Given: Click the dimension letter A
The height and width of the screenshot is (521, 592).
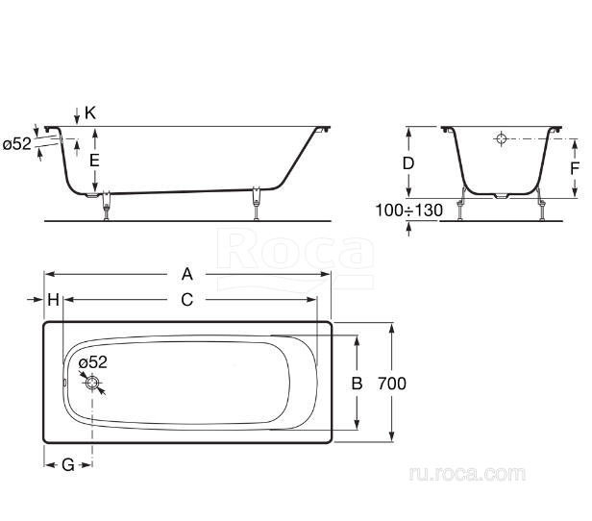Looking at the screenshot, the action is pos(187,274).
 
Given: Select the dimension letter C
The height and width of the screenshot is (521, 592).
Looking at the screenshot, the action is pos(187,300).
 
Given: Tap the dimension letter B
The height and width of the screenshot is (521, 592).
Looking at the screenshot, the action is pos(357,384).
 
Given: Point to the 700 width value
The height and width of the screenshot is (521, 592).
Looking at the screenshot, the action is pos(392,384).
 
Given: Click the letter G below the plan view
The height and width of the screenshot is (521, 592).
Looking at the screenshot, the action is pos(68,464).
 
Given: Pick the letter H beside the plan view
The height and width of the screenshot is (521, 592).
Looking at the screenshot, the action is pos(53,300).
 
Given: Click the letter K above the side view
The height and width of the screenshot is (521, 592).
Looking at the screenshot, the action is pos(90,112).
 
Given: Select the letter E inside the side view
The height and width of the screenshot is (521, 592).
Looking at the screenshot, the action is pos(94,161).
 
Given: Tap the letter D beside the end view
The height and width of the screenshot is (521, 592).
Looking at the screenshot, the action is pos(408,163).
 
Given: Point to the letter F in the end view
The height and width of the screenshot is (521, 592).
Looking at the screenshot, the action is pos(575,169).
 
